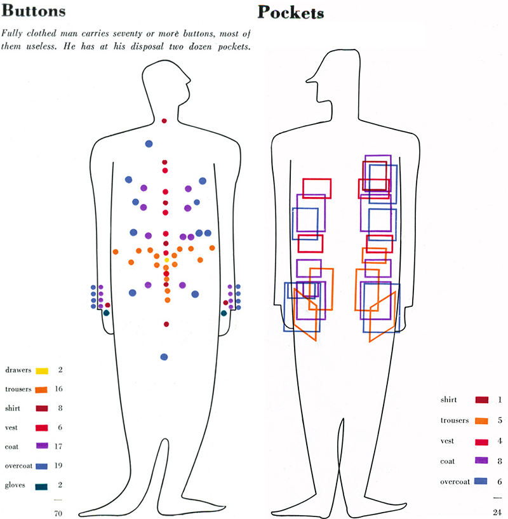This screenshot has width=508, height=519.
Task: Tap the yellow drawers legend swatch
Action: tap(43, 370)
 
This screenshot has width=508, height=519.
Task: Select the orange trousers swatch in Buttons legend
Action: tap(43, 389)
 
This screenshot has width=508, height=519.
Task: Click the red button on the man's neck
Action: tap(164, 121)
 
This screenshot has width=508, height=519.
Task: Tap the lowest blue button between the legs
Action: tap(164, 357)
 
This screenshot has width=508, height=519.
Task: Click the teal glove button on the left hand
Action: tap(107, 313)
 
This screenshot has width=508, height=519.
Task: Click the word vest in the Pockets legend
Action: tap(450, 440)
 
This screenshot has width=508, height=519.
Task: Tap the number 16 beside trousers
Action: tap(59, 389)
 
